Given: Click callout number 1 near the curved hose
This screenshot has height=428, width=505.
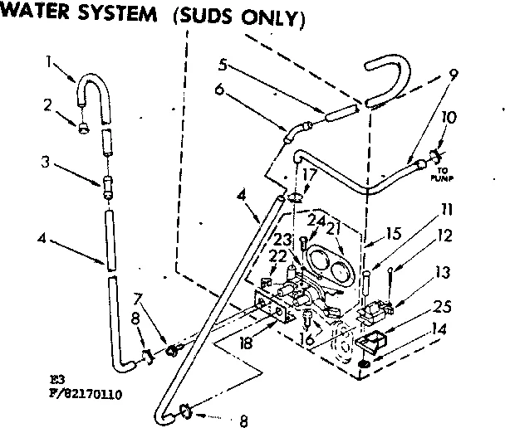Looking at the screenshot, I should tap(49, 61).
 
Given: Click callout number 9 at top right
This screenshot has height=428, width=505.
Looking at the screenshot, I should tap(452, 73).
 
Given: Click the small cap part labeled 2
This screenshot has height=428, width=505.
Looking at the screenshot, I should tap(84, 129).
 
